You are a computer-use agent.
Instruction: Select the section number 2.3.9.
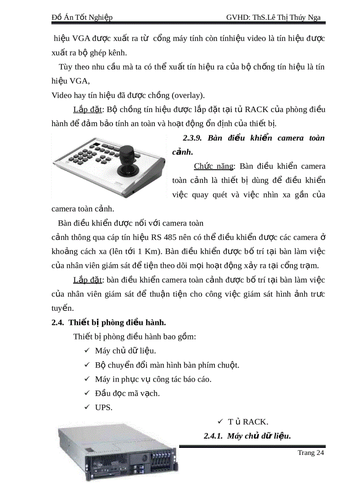click(x=192, y=138)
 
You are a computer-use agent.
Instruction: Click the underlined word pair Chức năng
click(x=214, y=166)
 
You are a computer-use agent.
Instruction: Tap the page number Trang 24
click(x=311, y=452)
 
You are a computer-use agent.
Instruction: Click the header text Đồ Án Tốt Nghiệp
click(x=82, y=17)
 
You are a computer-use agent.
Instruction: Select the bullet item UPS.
click(x=104, y=407)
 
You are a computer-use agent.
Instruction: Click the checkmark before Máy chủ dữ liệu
click(x=86, y=351)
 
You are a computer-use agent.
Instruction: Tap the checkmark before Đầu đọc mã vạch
click(x=86, y=393)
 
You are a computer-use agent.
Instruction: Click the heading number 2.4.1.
click(x=214, y=436)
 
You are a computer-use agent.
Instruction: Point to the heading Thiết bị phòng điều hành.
click(x=117, y=322)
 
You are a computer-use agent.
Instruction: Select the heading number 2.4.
click(x=57, y=322)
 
